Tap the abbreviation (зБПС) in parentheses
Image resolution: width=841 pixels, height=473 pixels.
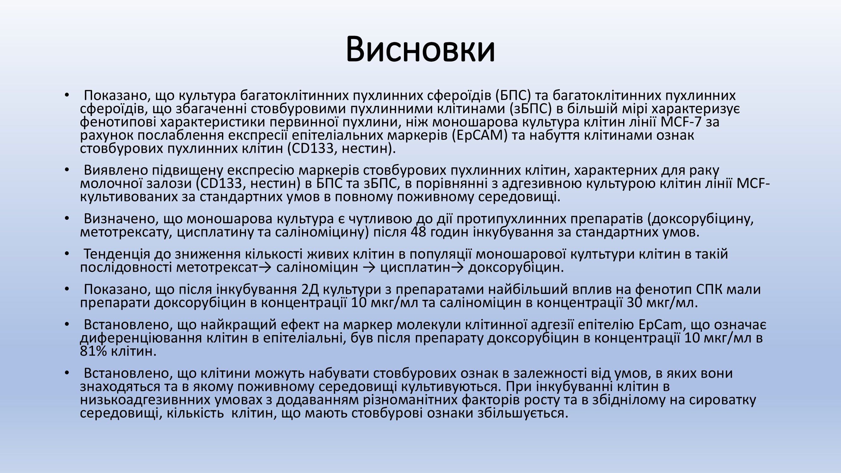click(527, 109)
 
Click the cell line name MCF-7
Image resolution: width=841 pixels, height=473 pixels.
click(681, 122)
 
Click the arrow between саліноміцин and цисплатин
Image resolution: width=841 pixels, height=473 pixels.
click(369, 268)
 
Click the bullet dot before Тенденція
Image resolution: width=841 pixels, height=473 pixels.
click(67, 254)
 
